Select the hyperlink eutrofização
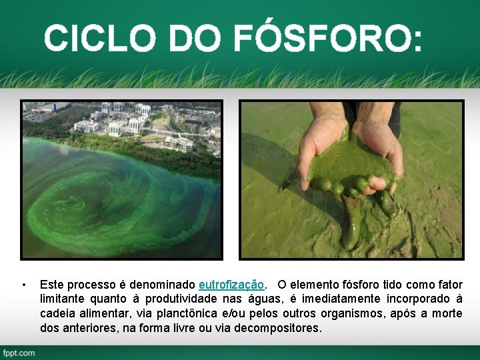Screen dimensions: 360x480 point(231,285)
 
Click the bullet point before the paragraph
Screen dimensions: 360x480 point(24,285)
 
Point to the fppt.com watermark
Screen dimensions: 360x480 point(18,352)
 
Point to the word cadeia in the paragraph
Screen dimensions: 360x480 point(57,314)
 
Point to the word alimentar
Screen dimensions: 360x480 point(107,314)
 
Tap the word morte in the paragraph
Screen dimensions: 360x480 point(446,314)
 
